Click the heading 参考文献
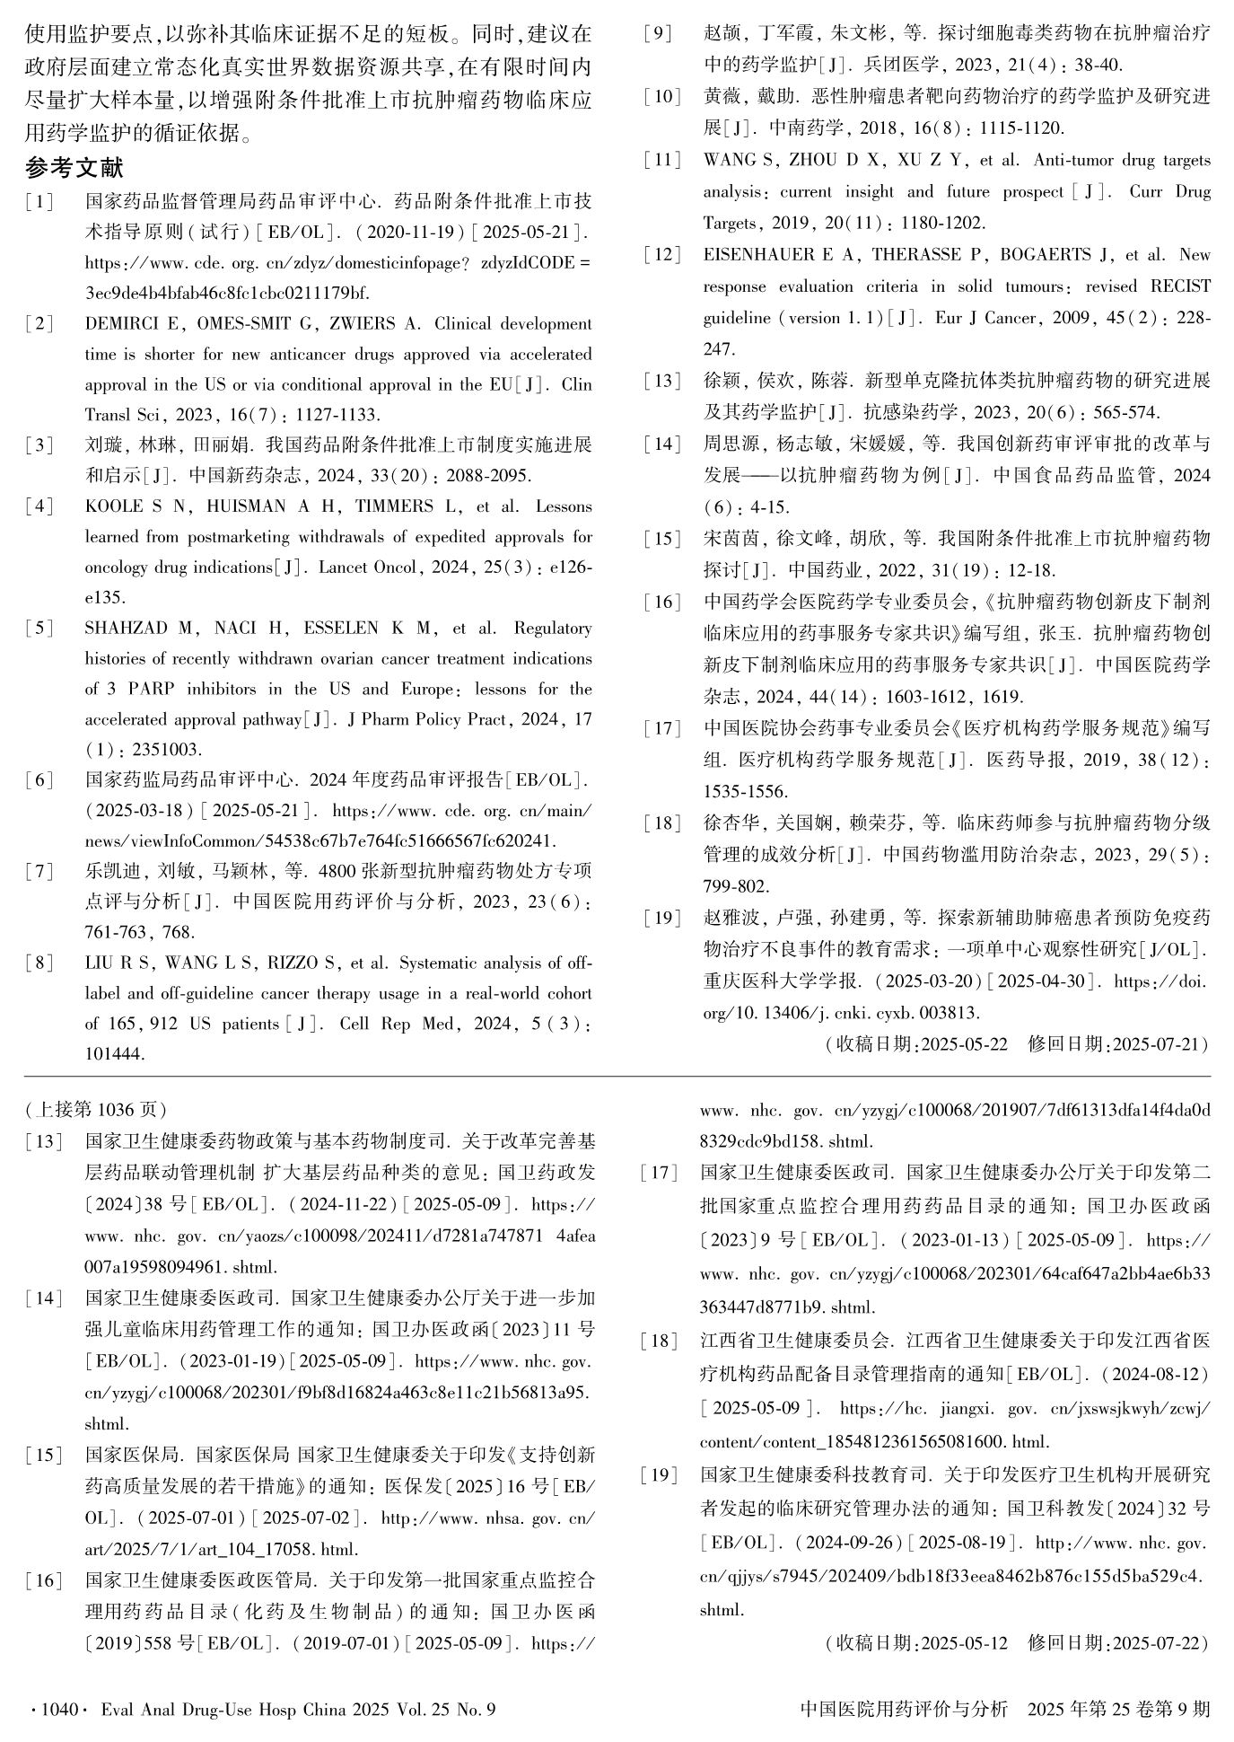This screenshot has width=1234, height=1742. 75,167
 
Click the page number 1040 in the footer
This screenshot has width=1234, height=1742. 58,1709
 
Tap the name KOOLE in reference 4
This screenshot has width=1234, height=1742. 113,506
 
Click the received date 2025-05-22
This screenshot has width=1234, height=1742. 964,1044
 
